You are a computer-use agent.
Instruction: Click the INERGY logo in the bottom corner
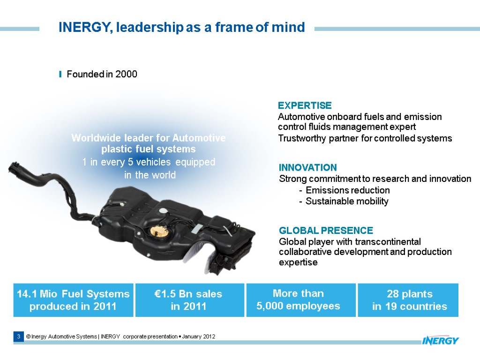click(x=440, y=340)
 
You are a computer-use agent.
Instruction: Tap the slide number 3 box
click(x=18, y=337)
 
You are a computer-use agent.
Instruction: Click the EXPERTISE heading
click(x=305, y=105)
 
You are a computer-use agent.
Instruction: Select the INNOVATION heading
click(x=307, y=167)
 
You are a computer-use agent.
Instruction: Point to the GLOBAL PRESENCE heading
click(x=326, y=231)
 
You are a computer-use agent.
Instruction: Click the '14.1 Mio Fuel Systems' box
click(x=73, y=300)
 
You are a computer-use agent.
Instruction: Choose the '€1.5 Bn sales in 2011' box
click(x=189, y=300)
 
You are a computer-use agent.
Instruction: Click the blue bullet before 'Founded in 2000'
click(x=60, y=75)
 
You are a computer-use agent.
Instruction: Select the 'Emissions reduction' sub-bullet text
click(x=347, y=190)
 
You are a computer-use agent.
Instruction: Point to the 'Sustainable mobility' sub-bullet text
click(x=347, y=202)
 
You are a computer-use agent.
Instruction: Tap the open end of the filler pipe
click(x=14, y=168)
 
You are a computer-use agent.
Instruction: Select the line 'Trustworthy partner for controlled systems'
click(x=365, y=138)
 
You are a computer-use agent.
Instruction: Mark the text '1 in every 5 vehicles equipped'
click(x=149, y=162)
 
